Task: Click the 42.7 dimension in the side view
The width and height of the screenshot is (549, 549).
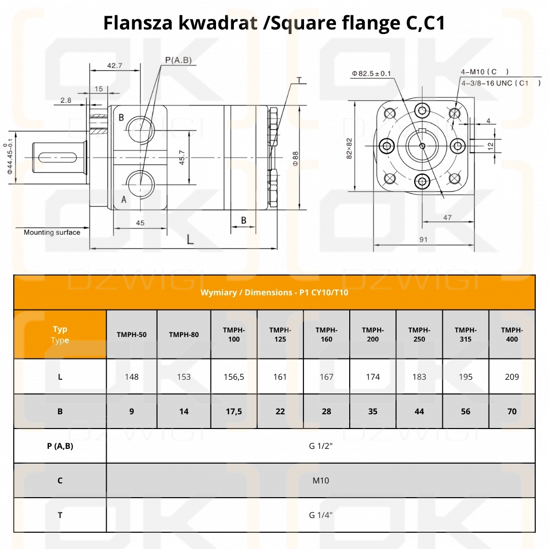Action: (114, 66)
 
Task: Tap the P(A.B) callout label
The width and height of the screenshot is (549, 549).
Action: (178, 60)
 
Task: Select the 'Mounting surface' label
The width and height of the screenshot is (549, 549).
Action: (52, 232)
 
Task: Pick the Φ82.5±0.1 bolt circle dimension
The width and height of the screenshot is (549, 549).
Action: (371, 74)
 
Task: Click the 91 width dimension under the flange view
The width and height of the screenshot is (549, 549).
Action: (423, 239)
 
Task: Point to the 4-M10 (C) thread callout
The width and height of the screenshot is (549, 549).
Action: (484, 72)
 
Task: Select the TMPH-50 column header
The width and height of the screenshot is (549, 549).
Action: (132, 334)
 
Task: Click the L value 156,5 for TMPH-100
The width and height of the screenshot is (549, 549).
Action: (234, 377)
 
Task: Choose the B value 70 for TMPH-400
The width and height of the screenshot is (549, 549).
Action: (512, 411)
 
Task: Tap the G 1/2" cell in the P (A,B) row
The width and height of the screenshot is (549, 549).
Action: (321, 446)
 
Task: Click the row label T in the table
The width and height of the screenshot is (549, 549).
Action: (60, 515)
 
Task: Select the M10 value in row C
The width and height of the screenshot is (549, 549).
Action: (321, 480)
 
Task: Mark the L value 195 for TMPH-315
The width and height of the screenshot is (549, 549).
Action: (465, 377)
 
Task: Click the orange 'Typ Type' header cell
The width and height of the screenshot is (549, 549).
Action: (60, 334)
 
